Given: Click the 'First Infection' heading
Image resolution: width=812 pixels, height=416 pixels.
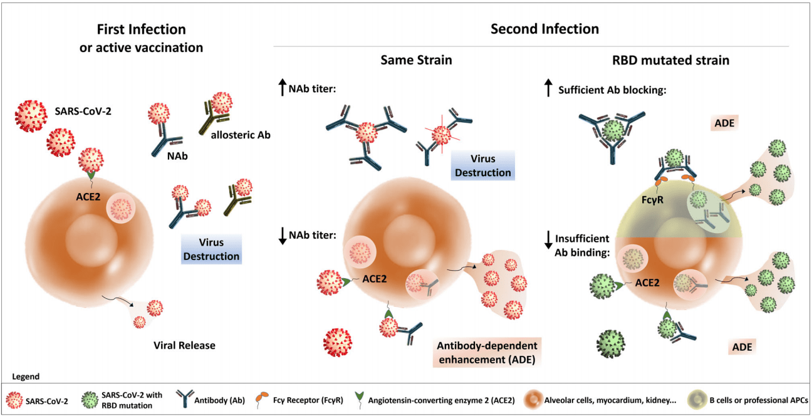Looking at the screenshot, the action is [142, 29].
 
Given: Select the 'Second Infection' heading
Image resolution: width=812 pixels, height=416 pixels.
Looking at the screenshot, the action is [544, 29].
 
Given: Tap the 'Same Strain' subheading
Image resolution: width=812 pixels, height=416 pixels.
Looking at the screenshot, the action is [416, 60].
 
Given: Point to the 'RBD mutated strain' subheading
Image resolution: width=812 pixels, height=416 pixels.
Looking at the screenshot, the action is [670, 60].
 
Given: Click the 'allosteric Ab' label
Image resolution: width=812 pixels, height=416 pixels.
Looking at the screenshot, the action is [241, 135].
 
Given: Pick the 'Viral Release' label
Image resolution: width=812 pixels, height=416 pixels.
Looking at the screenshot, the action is [184, 345].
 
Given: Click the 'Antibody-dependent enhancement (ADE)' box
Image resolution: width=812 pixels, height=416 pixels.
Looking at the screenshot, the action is [487, 353].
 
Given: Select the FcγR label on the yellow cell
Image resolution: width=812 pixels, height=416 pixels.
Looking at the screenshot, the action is [652, 200].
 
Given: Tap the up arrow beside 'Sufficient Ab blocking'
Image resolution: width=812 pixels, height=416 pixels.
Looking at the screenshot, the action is [548, 88].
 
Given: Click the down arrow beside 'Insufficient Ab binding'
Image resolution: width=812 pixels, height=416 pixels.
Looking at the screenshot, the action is [548, 240].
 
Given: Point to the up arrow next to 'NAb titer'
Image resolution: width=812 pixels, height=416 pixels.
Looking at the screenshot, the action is [283, 87].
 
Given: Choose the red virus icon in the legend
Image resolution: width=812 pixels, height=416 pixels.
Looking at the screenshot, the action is [14, 401].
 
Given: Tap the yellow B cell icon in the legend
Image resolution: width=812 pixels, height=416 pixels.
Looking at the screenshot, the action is [697, 400].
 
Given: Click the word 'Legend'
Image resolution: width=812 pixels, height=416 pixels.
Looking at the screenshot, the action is [26, 377].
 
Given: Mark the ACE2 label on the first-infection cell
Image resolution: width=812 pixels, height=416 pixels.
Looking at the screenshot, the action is [88, 197].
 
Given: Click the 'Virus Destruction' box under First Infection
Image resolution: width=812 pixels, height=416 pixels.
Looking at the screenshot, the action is [211, 249].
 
